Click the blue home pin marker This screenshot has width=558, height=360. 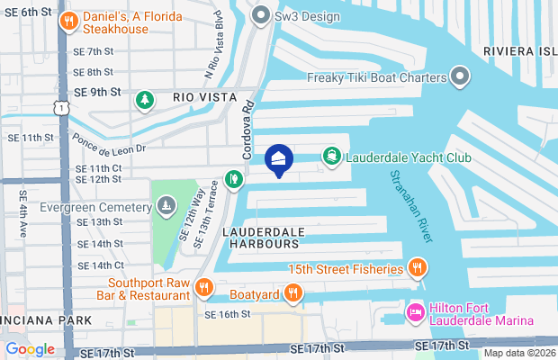point(279,160)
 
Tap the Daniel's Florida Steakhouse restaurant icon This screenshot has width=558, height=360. point(66,21)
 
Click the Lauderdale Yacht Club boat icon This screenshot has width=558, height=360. point(332,157)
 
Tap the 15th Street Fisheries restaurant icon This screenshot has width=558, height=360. point(417,267)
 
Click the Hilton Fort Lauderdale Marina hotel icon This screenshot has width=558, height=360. point(416,313)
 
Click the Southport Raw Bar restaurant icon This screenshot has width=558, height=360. point(205,288)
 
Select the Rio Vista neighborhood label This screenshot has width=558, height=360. point(200,96)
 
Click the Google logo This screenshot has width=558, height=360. point(30,348)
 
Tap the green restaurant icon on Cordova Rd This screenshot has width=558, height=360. point(233,178)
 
